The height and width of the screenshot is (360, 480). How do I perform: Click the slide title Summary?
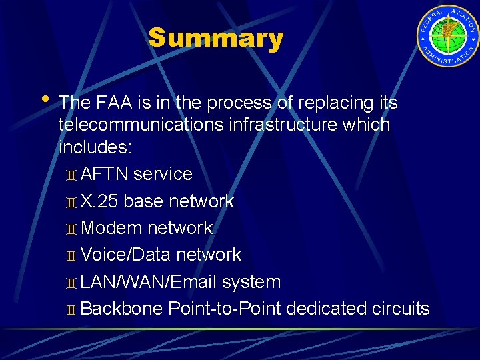point(215,39)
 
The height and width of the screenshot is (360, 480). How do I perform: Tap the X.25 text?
point(99,201)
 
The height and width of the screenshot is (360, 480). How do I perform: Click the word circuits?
point(401,309)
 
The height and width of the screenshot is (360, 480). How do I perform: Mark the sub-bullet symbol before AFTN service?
point(72,175)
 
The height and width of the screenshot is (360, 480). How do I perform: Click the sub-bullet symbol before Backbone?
point(72,310)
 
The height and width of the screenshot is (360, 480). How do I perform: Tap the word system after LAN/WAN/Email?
point(251,282)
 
